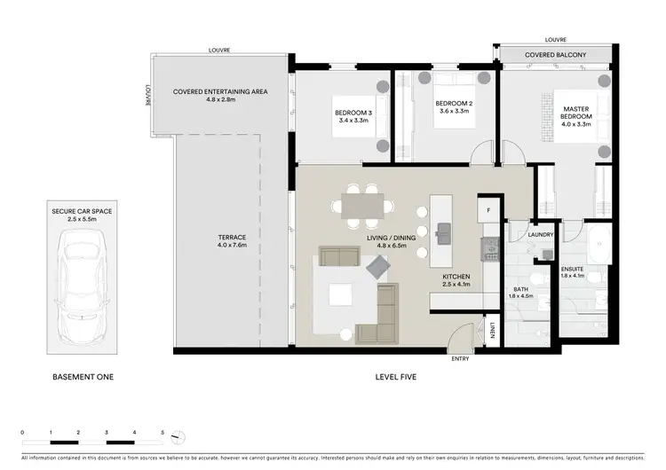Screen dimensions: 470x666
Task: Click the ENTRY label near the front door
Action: coord(461,358)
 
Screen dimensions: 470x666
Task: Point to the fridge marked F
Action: coord(488,213)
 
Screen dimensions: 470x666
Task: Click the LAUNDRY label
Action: coord(541,235)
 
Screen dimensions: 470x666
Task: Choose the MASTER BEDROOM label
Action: coord(576,114)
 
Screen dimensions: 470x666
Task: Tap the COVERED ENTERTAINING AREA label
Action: coord(220,91)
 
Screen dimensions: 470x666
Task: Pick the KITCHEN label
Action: coord(456,277)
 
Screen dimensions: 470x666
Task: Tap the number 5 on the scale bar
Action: coord(163,431)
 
